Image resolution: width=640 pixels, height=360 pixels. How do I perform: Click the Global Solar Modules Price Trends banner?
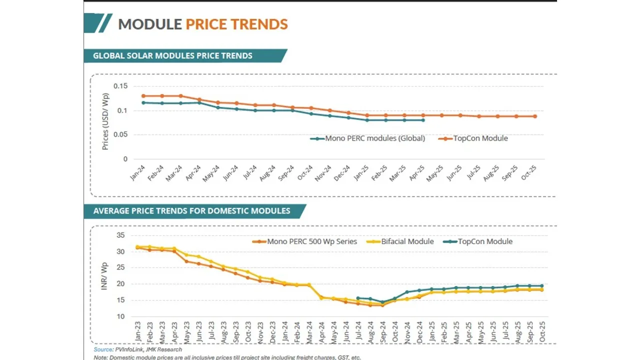coord(172,55)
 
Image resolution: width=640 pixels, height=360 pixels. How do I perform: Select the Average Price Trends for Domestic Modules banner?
coord(191,211)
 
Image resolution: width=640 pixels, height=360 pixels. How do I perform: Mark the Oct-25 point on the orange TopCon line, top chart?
coord(534,116)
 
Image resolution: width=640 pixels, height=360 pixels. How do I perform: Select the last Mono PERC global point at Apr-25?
coord(423,120)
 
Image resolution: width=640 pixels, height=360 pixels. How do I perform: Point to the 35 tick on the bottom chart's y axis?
coord(119,235)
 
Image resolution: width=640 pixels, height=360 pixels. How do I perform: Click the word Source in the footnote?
coord(103,349)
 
